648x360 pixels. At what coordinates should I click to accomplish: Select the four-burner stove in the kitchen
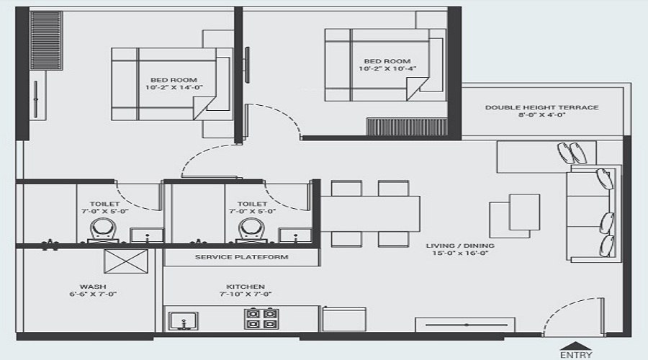coord(262,318)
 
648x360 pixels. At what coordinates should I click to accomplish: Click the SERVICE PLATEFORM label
coord(241,257)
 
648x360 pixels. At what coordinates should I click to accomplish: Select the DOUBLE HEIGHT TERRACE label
coord(541,107)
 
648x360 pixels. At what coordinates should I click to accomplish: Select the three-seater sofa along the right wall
coord(592,213)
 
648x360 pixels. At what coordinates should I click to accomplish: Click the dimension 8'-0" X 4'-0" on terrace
coord(541,115)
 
